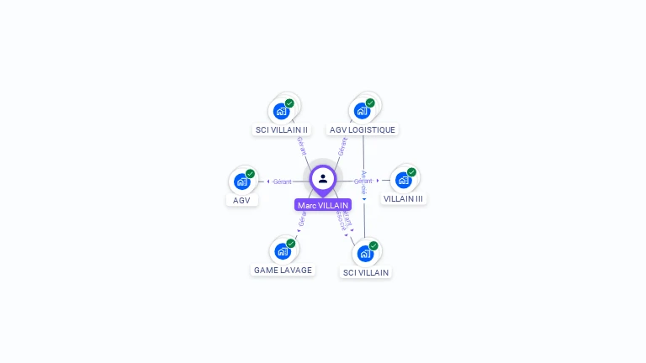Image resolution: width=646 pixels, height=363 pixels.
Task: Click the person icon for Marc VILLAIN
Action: (x=323, y=178)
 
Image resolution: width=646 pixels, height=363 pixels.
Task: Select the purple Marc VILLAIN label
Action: (x=323, y=205)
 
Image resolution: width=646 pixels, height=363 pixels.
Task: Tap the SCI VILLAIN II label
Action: (x=282, y=129)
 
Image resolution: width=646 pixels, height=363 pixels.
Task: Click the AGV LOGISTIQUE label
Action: (x=363, y=129)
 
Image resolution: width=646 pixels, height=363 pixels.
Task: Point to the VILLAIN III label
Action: (x=404, y=199)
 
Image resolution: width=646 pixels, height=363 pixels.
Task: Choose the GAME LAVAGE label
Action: (x=283, y=270)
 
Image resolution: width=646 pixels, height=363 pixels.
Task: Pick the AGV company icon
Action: (x=241, y=181)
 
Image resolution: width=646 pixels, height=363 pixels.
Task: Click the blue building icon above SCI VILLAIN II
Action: (x=282, y=111)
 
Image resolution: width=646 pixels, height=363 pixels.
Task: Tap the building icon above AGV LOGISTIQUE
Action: (x=362, y=111)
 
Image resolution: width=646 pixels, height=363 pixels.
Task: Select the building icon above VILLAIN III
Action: (x=403, y=181)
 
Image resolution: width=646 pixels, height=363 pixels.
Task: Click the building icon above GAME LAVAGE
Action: (x=282, y=251)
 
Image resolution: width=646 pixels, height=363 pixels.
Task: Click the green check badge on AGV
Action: (x=250, y=174)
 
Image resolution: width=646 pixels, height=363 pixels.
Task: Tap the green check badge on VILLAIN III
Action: (x=411, y=172)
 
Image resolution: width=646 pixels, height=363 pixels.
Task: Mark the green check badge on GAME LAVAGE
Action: (x=291, y=244)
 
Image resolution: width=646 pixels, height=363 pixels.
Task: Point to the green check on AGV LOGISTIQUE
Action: (x=370, y=103)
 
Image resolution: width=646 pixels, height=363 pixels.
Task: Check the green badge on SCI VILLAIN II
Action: (x=290, y=103)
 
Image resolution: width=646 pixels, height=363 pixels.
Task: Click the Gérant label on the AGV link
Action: (x=282, y=181)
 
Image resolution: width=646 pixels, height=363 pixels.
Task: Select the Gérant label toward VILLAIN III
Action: (x=363, y=181)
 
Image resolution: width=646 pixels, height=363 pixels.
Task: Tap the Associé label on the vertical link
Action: (x=363, y=182)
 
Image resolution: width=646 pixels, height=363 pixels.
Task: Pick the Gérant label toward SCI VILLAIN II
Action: (x=302, y=145)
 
